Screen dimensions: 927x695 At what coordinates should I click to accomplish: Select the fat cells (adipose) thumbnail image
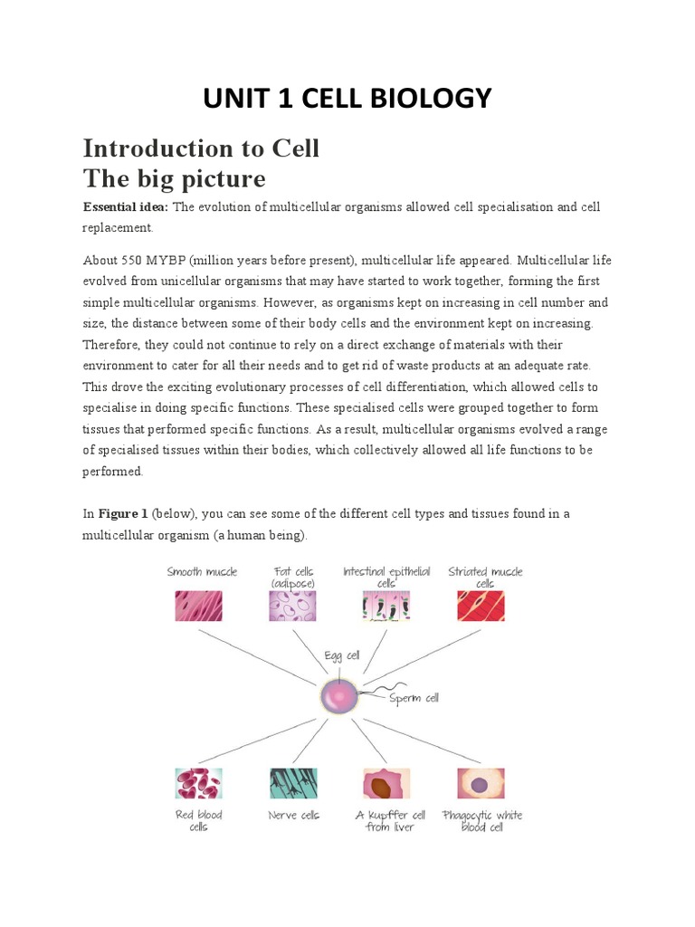coord(292,605)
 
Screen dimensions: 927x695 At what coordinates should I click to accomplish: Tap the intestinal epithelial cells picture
coord(386,605)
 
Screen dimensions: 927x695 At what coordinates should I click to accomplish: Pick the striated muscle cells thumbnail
coord(481,605)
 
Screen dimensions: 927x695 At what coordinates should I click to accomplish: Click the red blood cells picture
coord(198,783)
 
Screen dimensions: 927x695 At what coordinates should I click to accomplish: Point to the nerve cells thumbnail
coord(292,783)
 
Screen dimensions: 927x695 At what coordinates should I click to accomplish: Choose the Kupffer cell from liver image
coord(386,783)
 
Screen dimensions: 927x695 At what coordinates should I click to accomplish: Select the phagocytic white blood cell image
coord(481,783)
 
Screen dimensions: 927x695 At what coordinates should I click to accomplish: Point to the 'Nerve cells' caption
coord(294,815)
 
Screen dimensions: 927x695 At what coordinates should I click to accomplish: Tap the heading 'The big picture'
coord(174,177)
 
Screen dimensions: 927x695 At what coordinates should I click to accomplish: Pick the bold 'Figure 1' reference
coord(123,513)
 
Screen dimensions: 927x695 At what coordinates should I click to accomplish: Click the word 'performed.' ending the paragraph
coord(113,472)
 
